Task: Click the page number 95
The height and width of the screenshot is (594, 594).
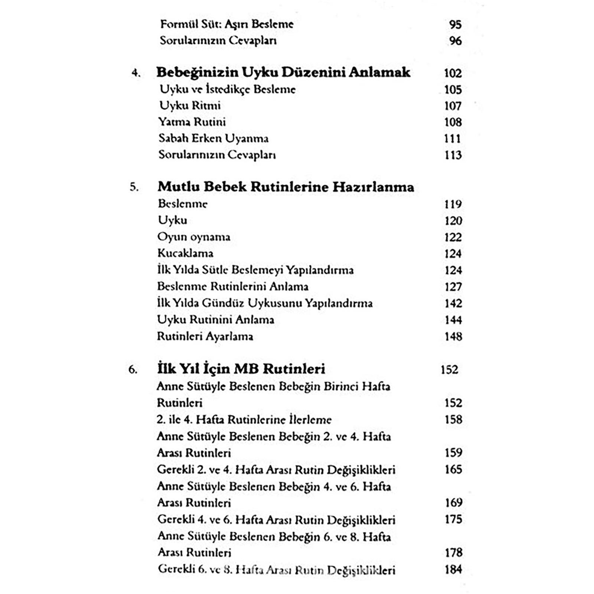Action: (x=455, y=25)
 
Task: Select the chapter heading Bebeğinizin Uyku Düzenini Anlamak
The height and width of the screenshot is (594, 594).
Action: (x=283, y=72)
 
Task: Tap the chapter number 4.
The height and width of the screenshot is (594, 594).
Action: (x=136, y=73)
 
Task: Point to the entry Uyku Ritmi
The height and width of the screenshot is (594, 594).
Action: (x=190, y=106)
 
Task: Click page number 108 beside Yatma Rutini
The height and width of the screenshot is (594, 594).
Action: (x=453, y=122)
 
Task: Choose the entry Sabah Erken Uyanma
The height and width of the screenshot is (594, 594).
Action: (x=213, y=138)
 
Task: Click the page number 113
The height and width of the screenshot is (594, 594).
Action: (x=453, y=155)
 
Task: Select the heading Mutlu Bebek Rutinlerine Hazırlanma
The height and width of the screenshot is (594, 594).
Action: (x=285, y=187)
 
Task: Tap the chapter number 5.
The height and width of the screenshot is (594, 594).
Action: (x=134, y=187)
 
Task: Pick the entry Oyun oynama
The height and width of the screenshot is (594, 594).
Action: (x=194, y=237)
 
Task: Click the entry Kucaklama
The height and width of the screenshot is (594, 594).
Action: (x=185, y=253)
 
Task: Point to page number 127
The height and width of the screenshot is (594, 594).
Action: (x=453, y=287)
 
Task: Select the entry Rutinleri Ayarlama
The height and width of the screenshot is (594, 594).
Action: (x=205, y=336)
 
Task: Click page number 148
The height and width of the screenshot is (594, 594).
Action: (x=453, y=336)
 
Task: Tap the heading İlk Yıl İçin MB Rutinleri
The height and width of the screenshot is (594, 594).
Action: (x=241, y=369)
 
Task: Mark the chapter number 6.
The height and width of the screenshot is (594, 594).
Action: (x=133, y=370)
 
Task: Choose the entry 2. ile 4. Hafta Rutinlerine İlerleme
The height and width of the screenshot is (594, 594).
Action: (x=244, y=420)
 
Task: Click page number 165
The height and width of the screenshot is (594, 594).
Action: (x=453, y=469)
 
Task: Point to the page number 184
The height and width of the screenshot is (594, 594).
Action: (x=453, y=569)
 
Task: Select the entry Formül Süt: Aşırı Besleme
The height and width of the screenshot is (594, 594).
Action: (x=227, y=25)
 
